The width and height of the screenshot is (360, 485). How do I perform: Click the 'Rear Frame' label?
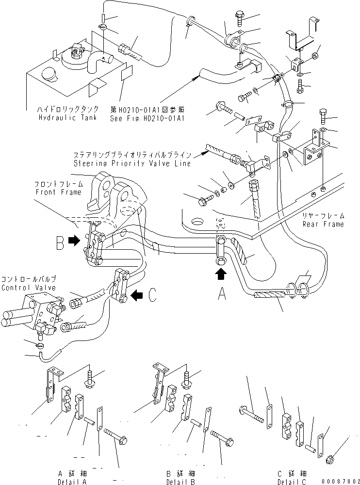click(x=323, y=224)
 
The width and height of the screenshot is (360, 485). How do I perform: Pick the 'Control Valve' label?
click(x=29, y=288)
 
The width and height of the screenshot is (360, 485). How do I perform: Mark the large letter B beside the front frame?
click(x=60, y=242)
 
